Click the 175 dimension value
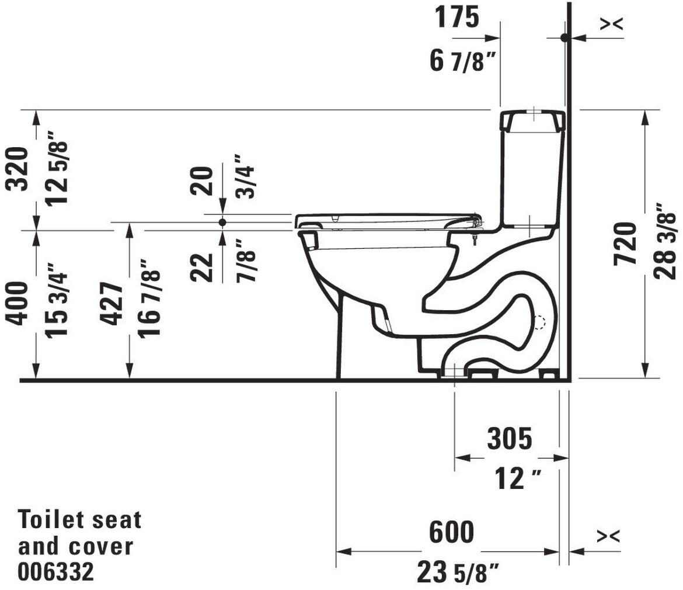click(457, 18)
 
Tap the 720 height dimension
click(625, 244)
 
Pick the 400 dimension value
click(18, 304)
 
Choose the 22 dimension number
click(202, 267)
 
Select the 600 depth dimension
click(451, 532)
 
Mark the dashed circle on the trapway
click(540, 322)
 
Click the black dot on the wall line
click(564, 38)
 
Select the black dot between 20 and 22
click(222, 222)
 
